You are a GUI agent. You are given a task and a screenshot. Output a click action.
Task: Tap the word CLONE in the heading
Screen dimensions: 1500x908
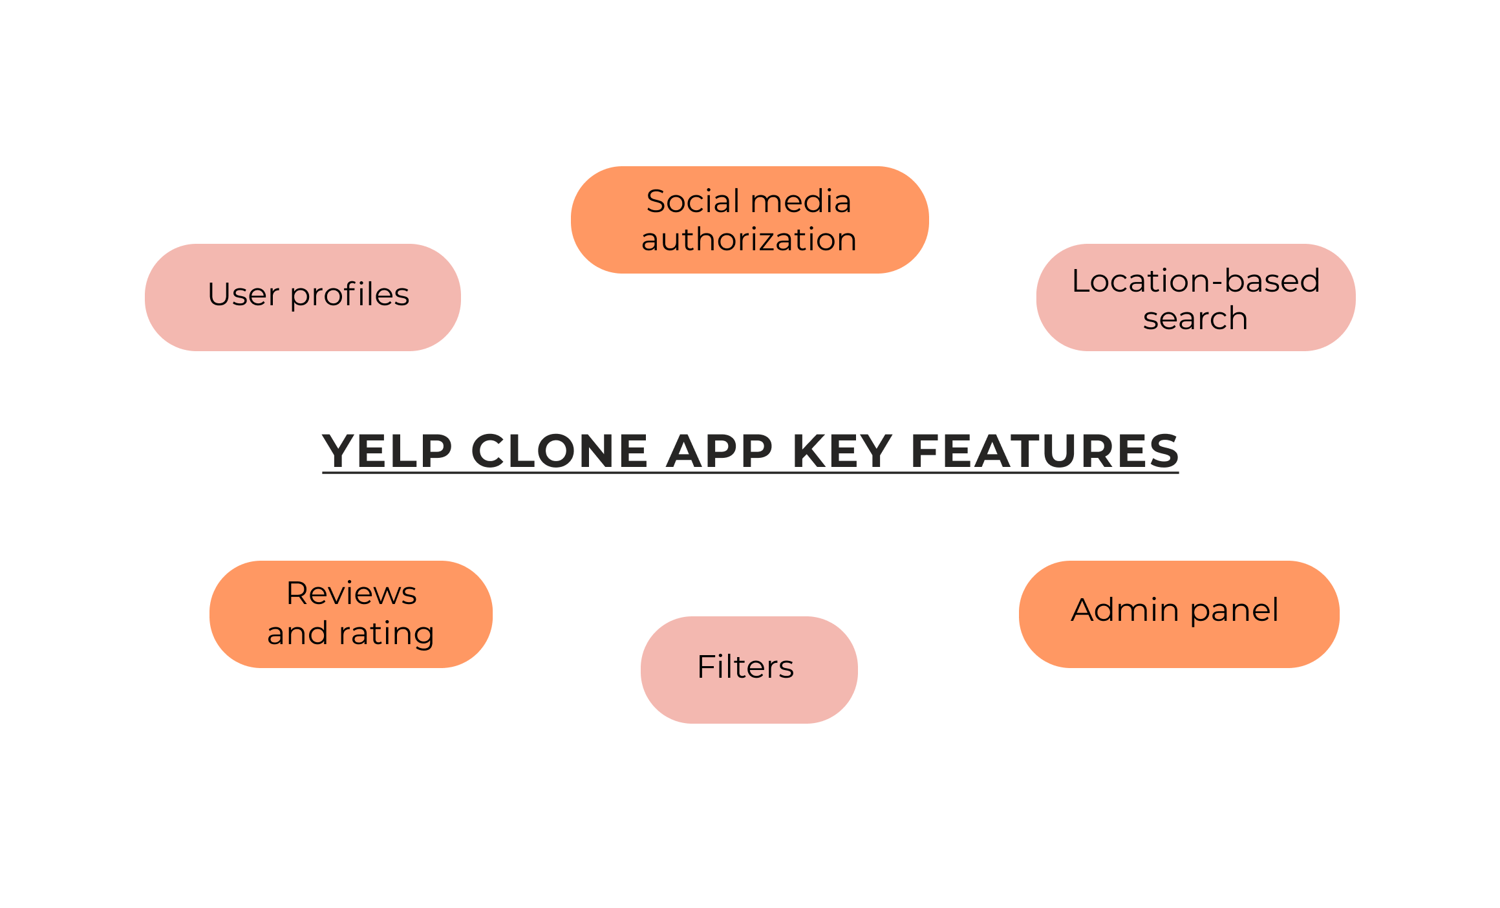(559, 451)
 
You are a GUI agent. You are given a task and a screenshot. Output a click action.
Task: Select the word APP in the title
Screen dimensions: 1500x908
(719, 451)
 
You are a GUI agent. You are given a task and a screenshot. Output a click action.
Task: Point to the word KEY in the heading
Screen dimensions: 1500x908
(842, 451)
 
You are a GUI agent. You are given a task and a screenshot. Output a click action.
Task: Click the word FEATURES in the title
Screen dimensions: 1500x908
(1044, 451)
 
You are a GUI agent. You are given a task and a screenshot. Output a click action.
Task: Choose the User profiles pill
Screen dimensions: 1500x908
(303, 297)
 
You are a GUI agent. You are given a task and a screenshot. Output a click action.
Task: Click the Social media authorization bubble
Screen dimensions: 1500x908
(749, 220)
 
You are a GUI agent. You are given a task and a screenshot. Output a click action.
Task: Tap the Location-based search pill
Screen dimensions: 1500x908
(1195, 297)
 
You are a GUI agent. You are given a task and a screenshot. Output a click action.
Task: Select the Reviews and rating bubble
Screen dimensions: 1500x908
(351, 614)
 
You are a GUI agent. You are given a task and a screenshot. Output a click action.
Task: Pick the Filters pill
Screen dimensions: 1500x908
(749, 669)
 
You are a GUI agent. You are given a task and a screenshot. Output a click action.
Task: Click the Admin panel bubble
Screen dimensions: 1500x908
(1179, 614)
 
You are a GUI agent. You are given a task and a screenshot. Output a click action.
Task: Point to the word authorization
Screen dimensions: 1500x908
(749, 240)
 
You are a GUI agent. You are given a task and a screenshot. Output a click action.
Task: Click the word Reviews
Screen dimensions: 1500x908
(351, 593)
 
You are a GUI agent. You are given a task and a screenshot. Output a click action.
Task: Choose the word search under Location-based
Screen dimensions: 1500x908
(1195, 318)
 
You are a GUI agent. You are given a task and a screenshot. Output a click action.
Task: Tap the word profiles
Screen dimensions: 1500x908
(349, 296)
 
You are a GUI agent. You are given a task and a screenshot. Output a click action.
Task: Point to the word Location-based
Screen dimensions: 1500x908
(1195, 281)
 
